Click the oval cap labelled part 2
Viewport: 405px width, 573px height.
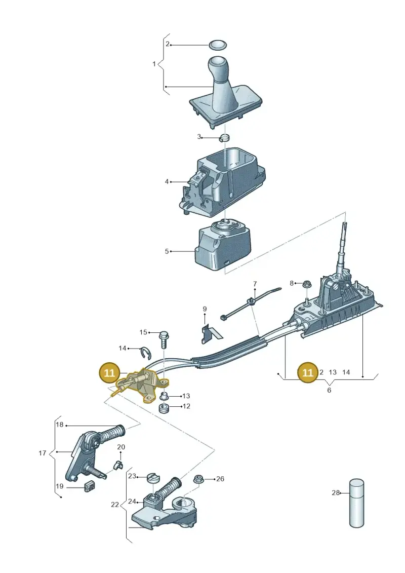(x=218, y=45)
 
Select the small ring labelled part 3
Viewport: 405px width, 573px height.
(x=225, y=138)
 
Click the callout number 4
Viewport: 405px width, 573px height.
(x=167, y=181)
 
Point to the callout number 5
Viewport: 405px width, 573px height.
(x=167, y=251)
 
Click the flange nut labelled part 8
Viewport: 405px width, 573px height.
(x=306, y=284)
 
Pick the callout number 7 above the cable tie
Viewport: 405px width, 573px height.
(x=255, y=284)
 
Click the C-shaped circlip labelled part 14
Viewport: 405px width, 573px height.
(x=146, y=352)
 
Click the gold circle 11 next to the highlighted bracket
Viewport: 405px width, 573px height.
(x=109, y=373)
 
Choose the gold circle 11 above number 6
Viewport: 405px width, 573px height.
(x=308, y=372)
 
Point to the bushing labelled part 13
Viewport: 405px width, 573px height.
(x=165, y=396)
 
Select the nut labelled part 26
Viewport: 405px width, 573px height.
(x=199, y=479)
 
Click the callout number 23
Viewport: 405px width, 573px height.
(x=132, y=476)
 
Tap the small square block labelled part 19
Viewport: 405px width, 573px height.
(x=90, y=486)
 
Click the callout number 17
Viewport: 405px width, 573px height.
(x=43, y=453)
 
